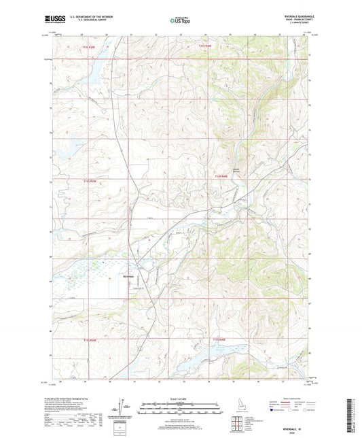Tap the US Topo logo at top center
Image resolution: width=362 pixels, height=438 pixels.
click(180, 21)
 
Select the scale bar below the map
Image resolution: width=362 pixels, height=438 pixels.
click(180, 409)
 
